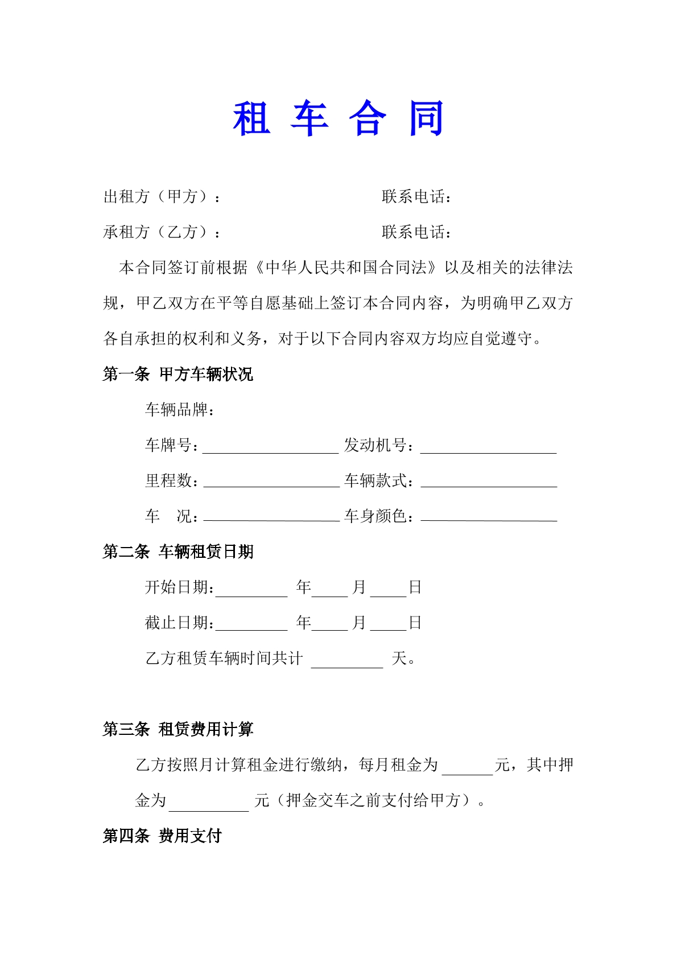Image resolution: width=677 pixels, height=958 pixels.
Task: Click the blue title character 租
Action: pos(251,119)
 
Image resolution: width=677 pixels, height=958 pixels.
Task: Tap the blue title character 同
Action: pos(427,119)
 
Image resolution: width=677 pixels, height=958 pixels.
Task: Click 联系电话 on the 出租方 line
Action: pos(416,197)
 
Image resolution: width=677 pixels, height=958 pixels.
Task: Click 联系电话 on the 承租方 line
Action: pos(416,232)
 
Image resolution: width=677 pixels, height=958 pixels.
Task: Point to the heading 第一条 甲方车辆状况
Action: pos(177,374)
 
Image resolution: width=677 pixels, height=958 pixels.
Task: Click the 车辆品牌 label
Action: pos(179,410)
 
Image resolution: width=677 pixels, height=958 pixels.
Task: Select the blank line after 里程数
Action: pos(271,483)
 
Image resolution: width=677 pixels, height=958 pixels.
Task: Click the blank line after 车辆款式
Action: pos(489,483)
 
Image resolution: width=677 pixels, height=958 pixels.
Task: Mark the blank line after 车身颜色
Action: pos(489,517)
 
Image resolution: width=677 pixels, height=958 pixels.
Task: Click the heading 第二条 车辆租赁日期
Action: pos(177,552)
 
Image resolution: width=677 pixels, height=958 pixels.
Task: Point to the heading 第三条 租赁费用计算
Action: pos(177,729)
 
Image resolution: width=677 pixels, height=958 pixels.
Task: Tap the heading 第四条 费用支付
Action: pos(162,836)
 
